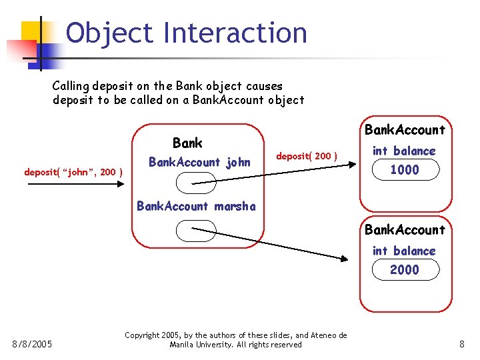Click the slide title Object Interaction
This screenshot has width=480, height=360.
pyautogui.click(x=187, y=33)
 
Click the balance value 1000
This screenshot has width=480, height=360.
pyautogui.click(x=405, y=170)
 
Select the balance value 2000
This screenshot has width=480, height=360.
pyautogui.click(x=405, y=270)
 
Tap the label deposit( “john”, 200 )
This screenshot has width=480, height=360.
pyautogui.click(x=73, y=172)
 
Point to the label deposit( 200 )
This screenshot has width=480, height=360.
pyautogui.click(x=307, y=156)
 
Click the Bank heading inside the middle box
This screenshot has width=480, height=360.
pyautogui.click(x=187, y=143)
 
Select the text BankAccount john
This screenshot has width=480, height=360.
pyautogui.click(x=199, y=162)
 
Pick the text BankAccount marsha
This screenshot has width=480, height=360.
pyautogui.click(x=196, y=206)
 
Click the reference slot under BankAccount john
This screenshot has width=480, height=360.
pyautogui.click(x=191, y=183)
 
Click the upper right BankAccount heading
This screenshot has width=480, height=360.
pyautogui.click(x=405, y=130)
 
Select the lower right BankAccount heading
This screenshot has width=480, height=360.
pyautogui.click(x=405, y=230)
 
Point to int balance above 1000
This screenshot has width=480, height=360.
pyautogui.click(x=404, y=151)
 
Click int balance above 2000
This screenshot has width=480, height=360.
pyautogui.click(x=404, y=251)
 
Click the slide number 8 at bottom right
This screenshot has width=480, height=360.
pyautogui.click(x=461, y=344)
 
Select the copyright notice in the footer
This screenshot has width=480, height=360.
pyautogui.click(x=236, y=340)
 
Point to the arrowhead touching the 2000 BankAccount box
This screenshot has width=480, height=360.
pyautogui.click(x=343, y=259)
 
